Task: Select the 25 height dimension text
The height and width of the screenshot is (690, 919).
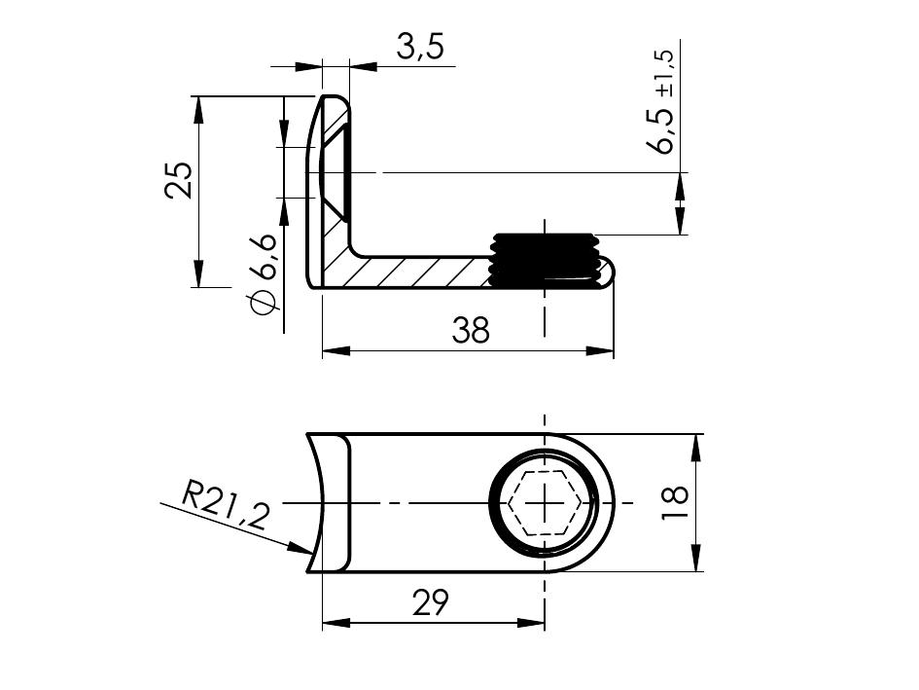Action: pos(179,180)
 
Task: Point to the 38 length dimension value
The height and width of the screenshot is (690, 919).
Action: pos(472,331)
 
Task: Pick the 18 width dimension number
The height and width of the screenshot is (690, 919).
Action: pos(674,503)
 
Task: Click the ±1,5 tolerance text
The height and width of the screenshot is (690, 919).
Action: pos(664,74)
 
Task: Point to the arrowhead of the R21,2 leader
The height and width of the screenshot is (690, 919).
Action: pos(301,550)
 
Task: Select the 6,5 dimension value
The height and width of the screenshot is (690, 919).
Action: pos(664,129)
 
